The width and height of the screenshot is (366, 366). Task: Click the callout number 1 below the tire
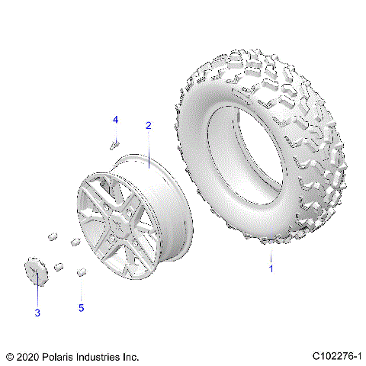[268, 268]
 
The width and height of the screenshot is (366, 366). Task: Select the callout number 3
[36, 313]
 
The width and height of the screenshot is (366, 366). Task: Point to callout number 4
[116, 120]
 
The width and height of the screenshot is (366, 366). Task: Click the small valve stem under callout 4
[115, 143]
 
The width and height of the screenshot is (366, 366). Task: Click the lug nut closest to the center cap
[58, 267]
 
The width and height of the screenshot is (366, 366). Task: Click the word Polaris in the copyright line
[63, 356]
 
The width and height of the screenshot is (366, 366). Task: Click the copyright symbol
[9, 356]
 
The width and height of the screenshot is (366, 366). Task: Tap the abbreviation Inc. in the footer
[131, 356]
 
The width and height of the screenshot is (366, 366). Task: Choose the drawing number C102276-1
[335, 356]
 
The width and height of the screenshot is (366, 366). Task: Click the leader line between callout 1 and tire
[269, 253]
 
